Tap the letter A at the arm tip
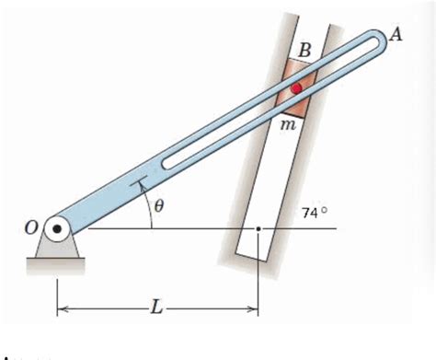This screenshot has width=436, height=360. (396, 33)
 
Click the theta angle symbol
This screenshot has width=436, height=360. (158, 208)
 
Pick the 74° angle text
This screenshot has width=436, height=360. (315, 213)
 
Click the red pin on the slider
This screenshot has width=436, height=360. (296, 87)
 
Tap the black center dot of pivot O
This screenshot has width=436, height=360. (57, 227)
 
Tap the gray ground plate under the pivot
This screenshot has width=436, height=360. (55, 266)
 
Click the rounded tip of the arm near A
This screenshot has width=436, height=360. (378, 41)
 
